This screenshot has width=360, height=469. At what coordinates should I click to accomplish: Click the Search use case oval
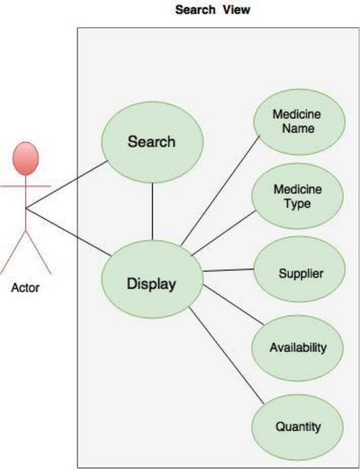coord(153,142)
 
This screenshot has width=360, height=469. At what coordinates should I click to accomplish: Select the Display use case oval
coord(153,279)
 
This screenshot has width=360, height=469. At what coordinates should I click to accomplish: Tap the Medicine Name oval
coord(299,122)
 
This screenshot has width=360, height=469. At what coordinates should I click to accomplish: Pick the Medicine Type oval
coord(297,196)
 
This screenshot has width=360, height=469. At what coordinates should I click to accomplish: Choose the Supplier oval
coord(299,269)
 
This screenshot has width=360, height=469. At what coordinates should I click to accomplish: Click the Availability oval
coord(297,348)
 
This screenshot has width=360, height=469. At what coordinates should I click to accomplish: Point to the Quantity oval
coord(297,427)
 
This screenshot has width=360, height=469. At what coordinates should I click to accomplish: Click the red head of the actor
coord(26,159)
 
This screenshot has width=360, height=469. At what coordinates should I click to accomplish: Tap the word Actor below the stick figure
coord(26,288)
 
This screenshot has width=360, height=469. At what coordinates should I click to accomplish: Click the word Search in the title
coord(195,9)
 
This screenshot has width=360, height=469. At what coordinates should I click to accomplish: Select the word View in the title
coord(236,9)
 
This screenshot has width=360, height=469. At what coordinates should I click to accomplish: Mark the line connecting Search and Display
coord(152,212)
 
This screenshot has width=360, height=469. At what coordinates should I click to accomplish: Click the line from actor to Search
coord(67,184)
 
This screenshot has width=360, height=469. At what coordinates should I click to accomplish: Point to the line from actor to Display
coord(68,232)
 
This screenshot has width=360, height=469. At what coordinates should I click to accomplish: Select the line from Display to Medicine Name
coord(220,191)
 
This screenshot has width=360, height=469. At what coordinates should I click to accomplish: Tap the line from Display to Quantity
coord(227,355)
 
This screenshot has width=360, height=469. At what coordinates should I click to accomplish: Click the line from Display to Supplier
coord(228,270)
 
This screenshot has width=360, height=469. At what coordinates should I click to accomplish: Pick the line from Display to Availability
coord(234,305)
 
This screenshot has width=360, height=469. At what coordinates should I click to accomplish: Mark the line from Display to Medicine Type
coord(224,232)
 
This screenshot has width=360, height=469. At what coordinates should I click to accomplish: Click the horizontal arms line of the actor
coord(26,187)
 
